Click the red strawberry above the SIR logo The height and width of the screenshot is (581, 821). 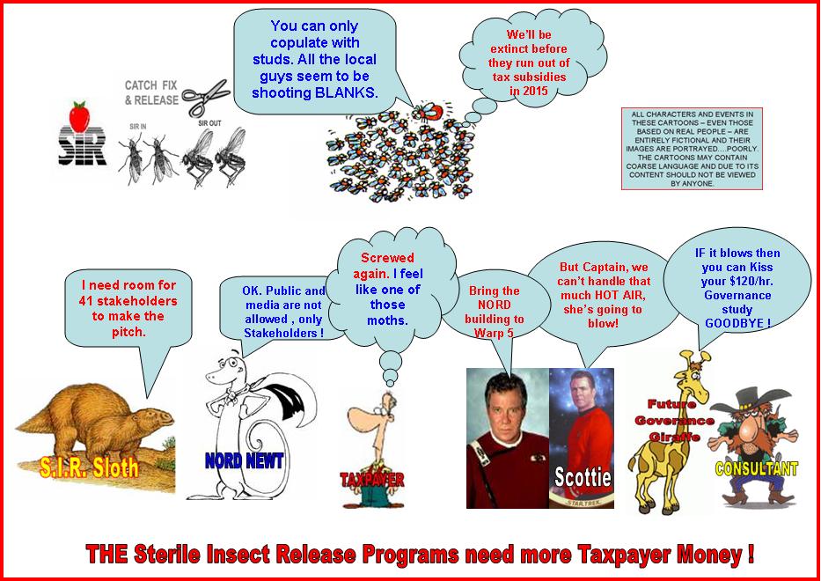point(79,116)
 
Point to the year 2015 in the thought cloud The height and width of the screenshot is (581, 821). point(535,91)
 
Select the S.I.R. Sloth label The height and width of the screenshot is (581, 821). point(89,467)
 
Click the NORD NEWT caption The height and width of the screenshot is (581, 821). point(244,460)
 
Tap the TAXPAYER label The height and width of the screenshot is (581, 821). point(371,480)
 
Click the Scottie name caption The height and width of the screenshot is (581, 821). point(583,477)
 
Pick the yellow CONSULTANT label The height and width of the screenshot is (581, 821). point(756,467)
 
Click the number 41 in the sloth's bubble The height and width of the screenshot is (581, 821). point(86,301)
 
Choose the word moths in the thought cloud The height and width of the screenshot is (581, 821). point(387,320)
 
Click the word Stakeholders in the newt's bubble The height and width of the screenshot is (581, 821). point(280,334)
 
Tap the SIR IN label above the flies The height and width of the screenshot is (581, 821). point(138,127)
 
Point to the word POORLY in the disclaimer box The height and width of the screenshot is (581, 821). point(743,149)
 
